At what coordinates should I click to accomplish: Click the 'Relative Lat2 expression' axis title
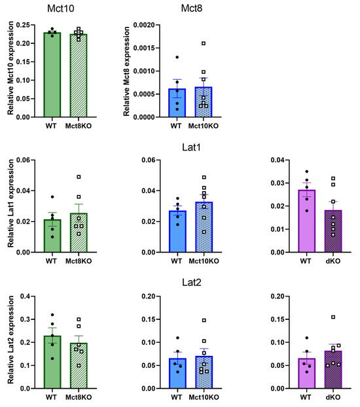[x=11, y=342]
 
